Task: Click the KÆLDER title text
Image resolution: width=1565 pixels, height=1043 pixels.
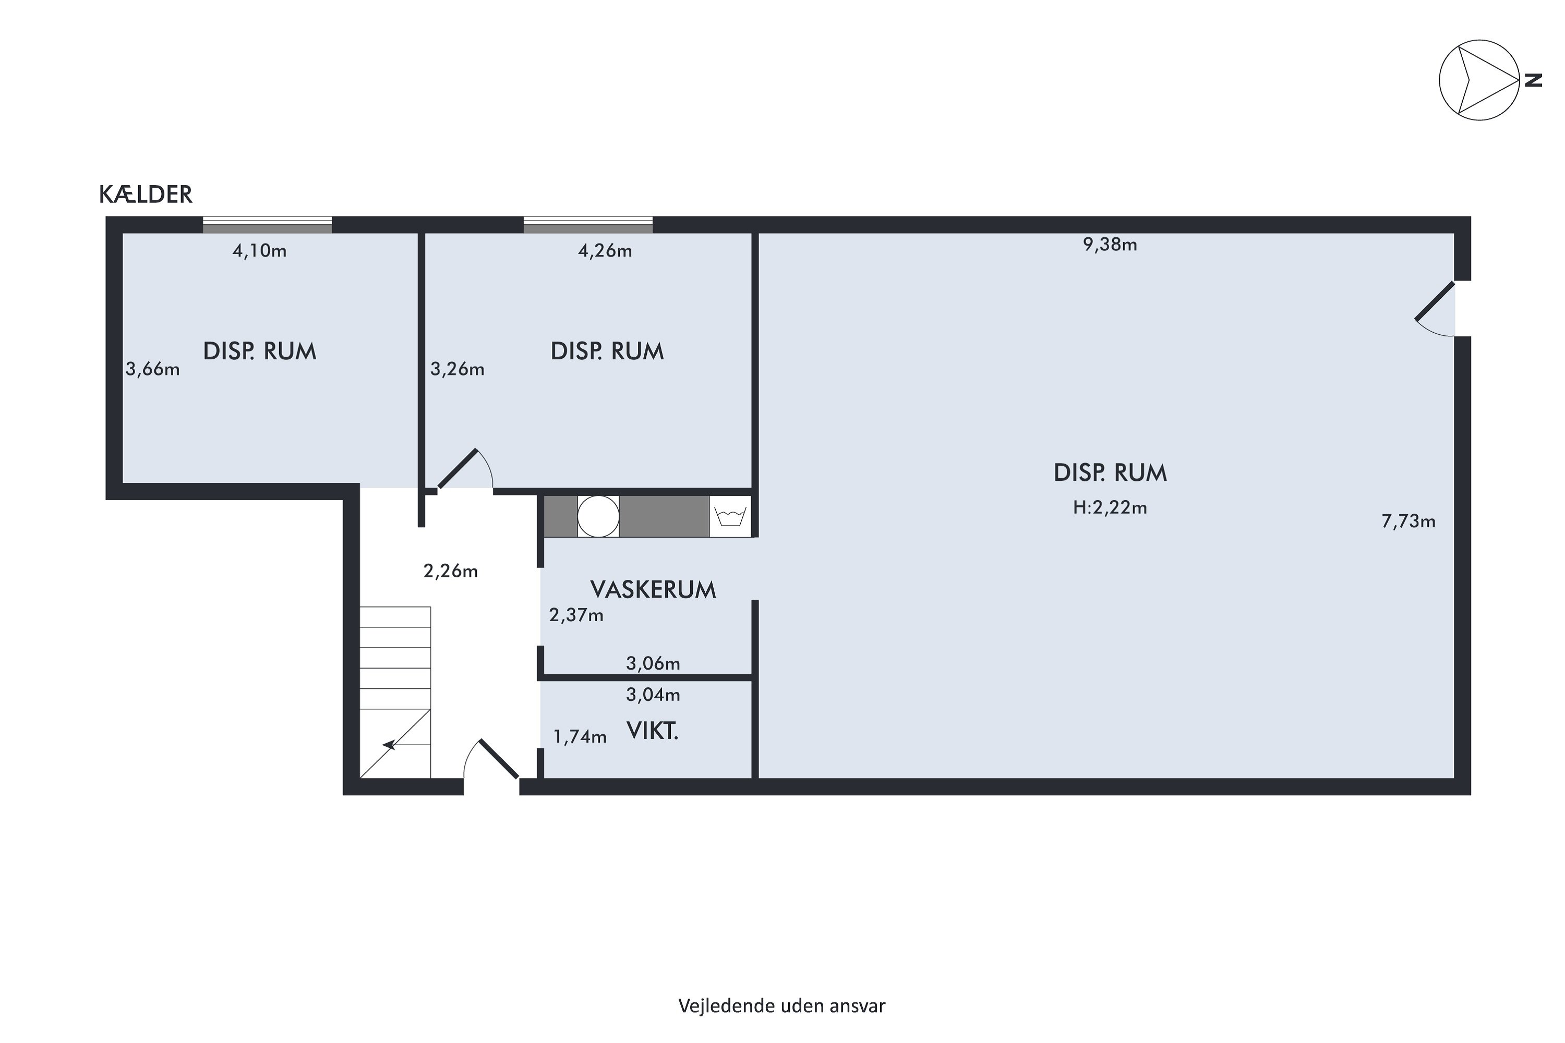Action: (x=146, y=194)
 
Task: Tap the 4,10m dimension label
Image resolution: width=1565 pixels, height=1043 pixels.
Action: (x=259, y=251)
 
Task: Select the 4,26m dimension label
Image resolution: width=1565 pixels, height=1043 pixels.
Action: (x=605, y=251)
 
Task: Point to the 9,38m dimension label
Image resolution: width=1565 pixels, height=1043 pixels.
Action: (x=1110, y=245)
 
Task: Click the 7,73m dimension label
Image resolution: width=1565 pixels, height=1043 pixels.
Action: (x=1408, y=521)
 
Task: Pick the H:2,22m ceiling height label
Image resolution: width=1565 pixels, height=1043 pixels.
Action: (x=1110, y=507)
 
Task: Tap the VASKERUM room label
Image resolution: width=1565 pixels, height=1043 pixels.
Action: (x=653, y=589)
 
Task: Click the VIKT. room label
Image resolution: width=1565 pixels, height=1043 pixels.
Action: (x=652, y=731)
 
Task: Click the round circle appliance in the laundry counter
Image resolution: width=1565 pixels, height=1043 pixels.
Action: (x=598, y=516)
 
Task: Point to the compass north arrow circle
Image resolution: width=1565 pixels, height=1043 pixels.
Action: (x=1480, y=80)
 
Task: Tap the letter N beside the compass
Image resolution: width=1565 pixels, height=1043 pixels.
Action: (x=1534, y=80)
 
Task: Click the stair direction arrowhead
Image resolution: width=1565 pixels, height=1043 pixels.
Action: (x=389, y=746)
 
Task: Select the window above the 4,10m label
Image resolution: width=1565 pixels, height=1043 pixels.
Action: (x=268, y=225)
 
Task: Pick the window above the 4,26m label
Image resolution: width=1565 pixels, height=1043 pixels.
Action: (x=588, y=225)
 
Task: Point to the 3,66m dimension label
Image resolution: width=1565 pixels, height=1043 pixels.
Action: (x=152, y=369)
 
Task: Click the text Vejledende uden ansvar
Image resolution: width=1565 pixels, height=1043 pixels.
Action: (x=782, y=1006)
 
